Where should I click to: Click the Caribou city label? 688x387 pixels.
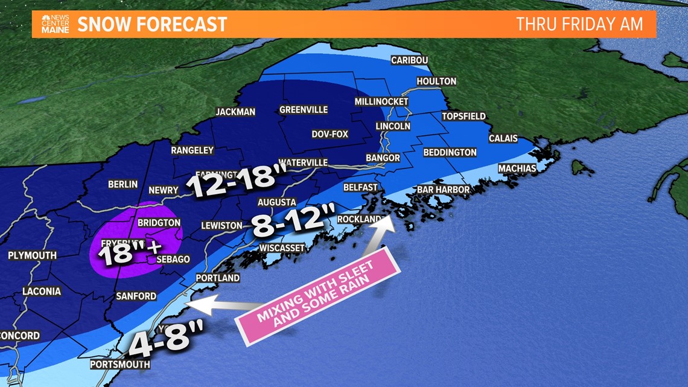pos(409,60)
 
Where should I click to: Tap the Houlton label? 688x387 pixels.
pos(436,81)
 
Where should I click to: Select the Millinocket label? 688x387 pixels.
pos(381,101)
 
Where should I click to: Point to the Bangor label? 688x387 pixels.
pos(383,158)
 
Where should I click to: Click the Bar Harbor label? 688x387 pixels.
pos(443,190)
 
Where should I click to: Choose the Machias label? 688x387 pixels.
pos(517,168)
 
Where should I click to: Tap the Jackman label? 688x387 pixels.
pos(235,112)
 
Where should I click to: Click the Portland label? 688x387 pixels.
pos(218,278)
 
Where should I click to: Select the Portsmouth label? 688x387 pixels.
pos(119,365)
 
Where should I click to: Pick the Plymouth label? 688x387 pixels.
pos(32,255)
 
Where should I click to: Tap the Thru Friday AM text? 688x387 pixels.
pos(579,24)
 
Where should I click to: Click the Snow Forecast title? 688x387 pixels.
pos(152,24)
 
